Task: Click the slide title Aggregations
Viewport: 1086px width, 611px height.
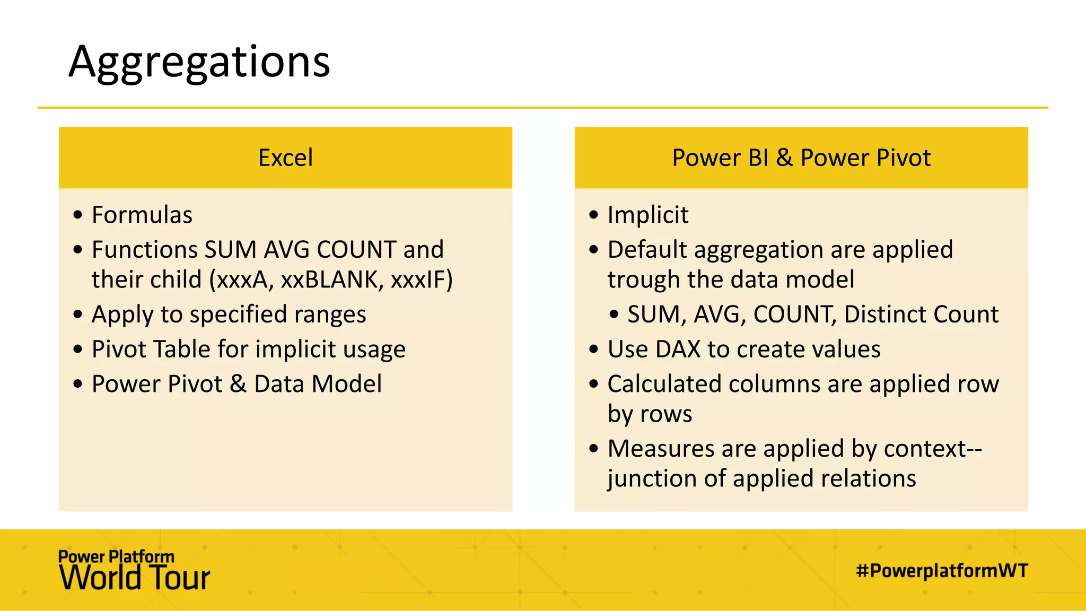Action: point(199,63)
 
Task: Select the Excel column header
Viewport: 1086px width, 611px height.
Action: point(285,158)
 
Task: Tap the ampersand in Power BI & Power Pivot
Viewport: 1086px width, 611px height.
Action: point(784,158)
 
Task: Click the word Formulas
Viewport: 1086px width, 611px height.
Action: point(142,215)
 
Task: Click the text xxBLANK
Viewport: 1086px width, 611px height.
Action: point(330,280)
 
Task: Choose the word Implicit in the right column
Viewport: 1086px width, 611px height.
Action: point(647,215)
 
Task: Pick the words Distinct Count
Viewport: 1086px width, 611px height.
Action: point(921,315)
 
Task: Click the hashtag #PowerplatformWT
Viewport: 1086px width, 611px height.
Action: point(942,571)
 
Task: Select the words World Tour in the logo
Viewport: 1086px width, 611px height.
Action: point(135,578)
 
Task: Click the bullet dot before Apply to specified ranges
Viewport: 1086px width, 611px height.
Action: point(78,315)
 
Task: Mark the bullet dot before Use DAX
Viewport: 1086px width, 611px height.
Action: point(593,350)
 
